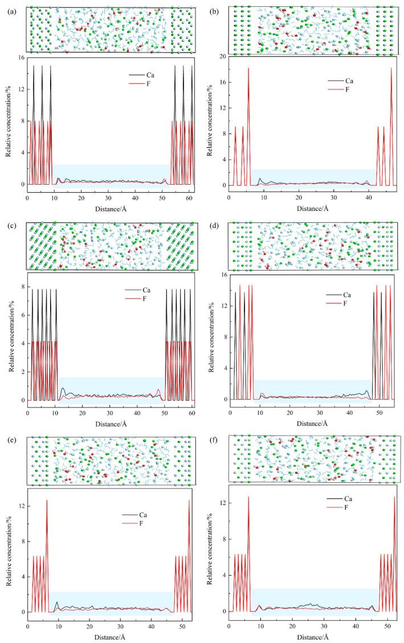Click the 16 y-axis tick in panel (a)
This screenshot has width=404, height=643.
click(20, 58)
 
